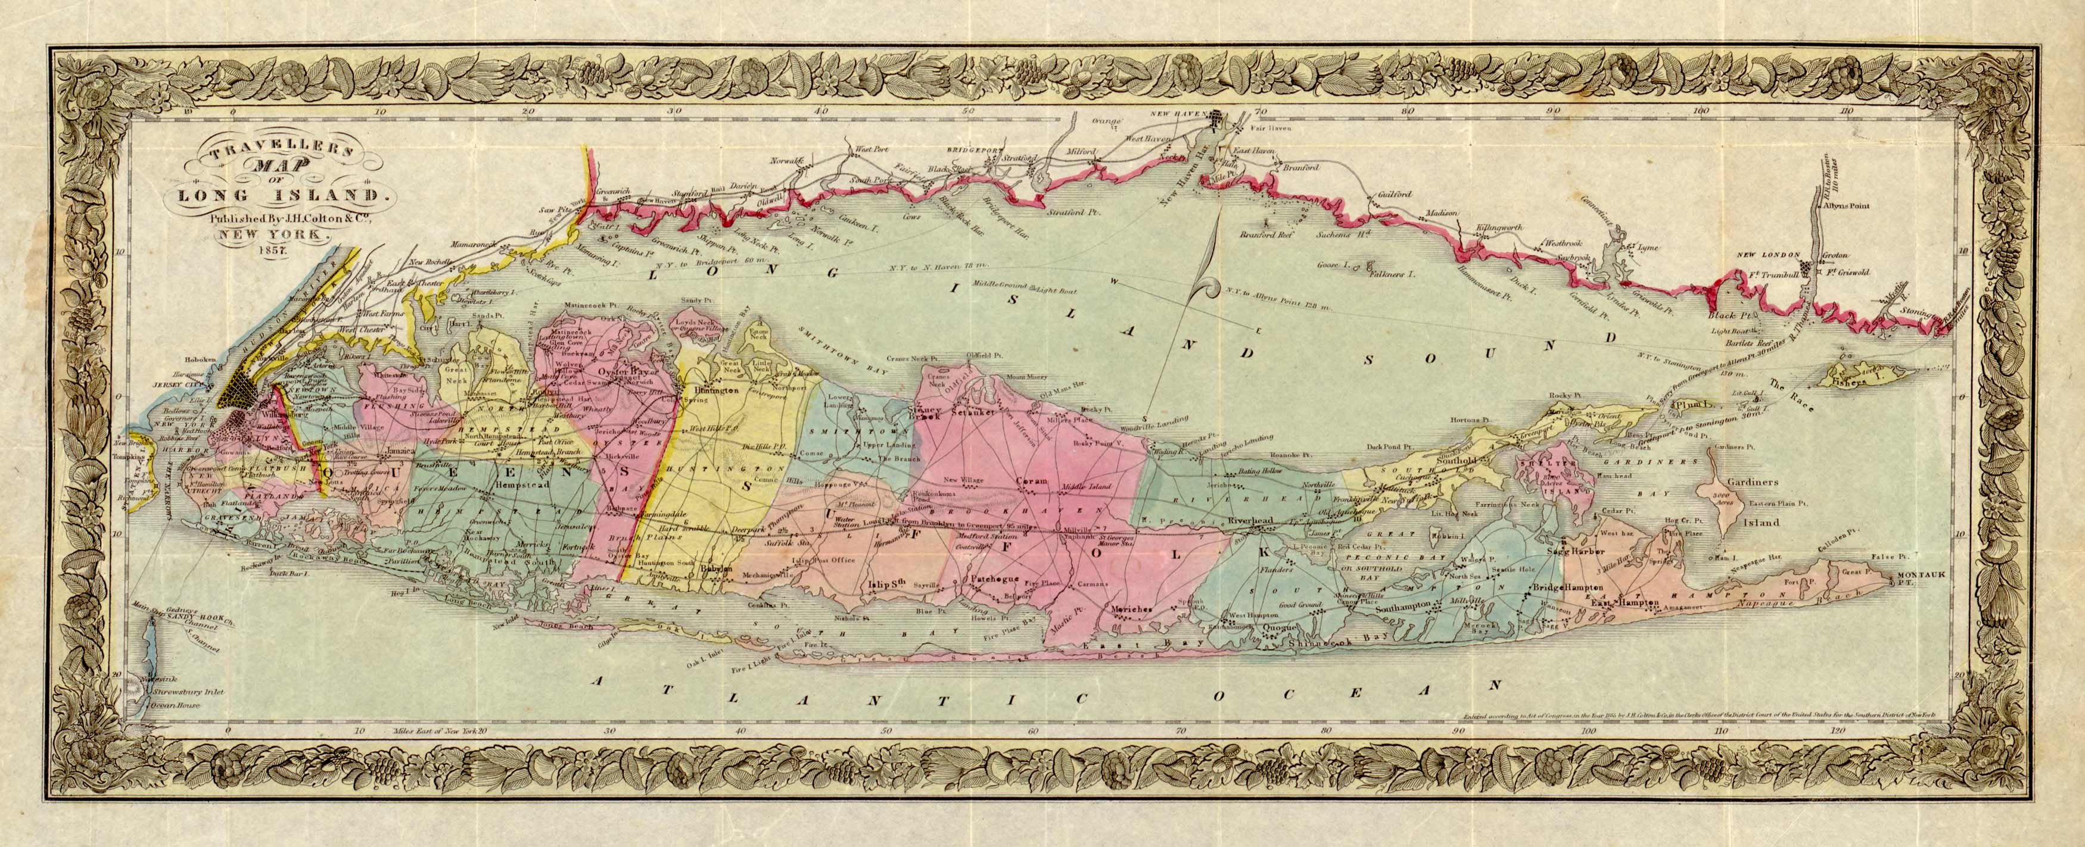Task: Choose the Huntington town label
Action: [x=715, y=390]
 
